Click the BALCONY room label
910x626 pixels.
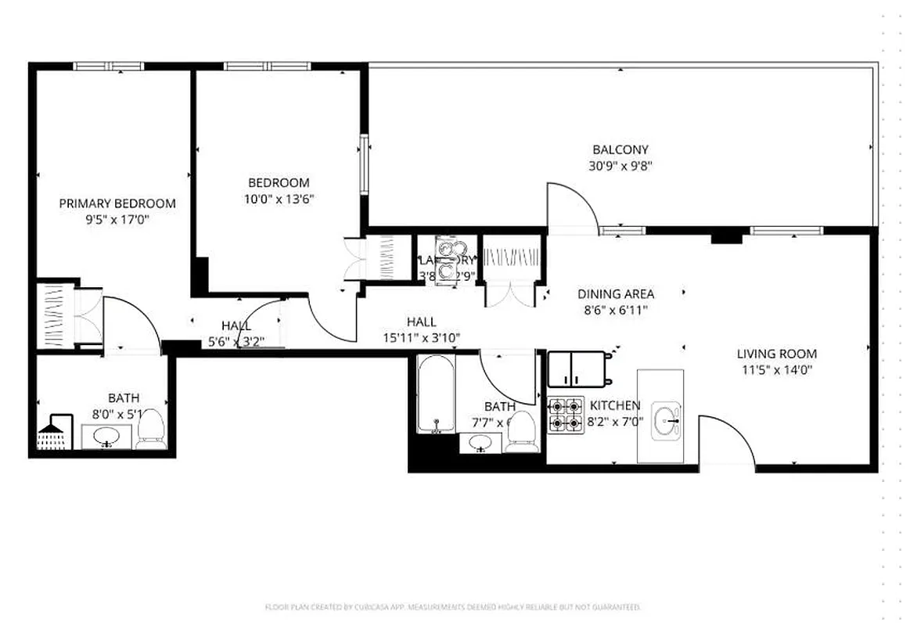coord(620,149)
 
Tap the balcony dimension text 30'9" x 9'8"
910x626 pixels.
coord(620,166)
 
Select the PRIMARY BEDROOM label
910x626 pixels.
coord(117,203)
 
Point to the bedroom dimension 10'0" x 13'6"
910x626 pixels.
coord(278,199)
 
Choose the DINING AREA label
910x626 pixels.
coord(616,294)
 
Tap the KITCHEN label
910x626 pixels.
coord(614,405)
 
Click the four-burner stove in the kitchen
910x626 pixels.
coord(565,415)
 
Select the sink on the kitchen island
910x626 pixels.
coord(666,419)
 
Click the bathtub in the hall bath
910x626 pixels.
coord(435,394)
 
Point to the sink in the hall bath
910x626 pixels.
coord(480,443)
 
